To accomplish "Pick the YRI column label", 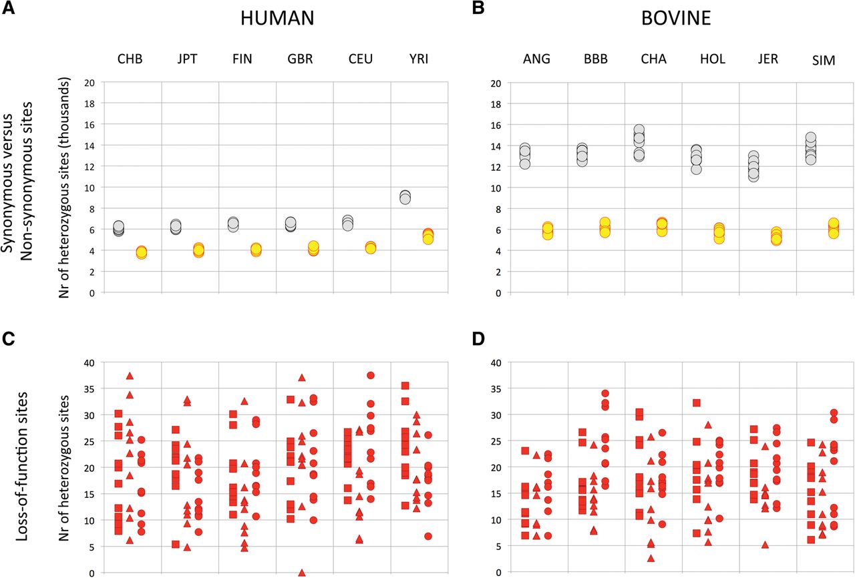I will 419,59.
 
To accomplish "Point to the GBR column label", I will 304,59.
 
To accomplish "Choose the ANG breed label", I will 538,59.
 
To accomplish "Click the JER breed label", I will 767,60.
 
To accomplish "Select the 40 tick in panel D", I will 495,362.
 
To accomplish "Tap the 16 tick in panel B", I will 495,125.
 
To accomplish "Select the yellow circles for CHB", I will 141,252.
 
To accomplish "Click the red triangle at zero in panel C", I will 302,573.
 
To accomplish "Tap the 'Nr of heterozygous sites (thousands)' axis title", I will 64,188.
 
